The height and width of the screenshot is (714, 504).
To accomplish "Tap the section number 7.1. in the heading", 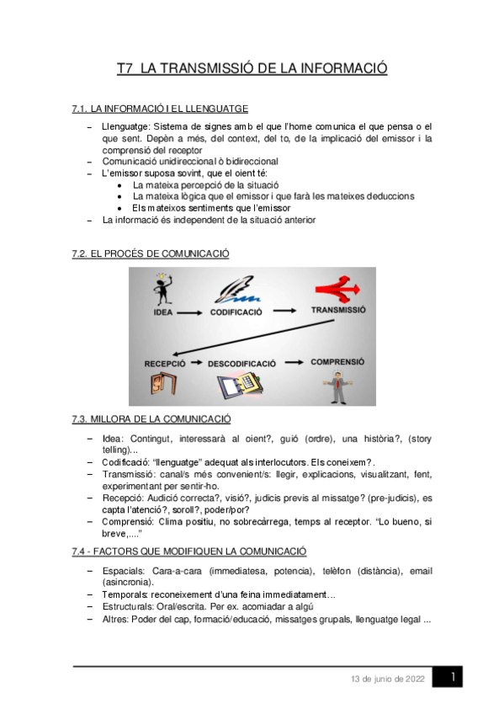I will [x=81, y=109].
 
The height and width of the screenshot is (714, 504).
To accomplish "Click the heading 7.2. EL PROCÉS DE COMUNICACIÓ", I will [x=151, y=253].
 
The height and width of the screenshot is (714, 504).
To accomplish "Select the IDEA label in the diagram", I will [x=163, y=312].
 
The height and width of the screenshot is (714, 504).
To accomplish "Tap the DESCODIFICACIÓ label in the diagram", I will [x=241, y=364].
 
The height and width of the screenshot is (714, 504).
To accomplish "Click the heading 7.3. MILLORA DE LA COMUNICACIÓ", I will [x=151, y=418].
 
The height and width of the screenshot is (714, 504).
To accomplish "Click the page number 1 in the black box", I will [x=452, y=677].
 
